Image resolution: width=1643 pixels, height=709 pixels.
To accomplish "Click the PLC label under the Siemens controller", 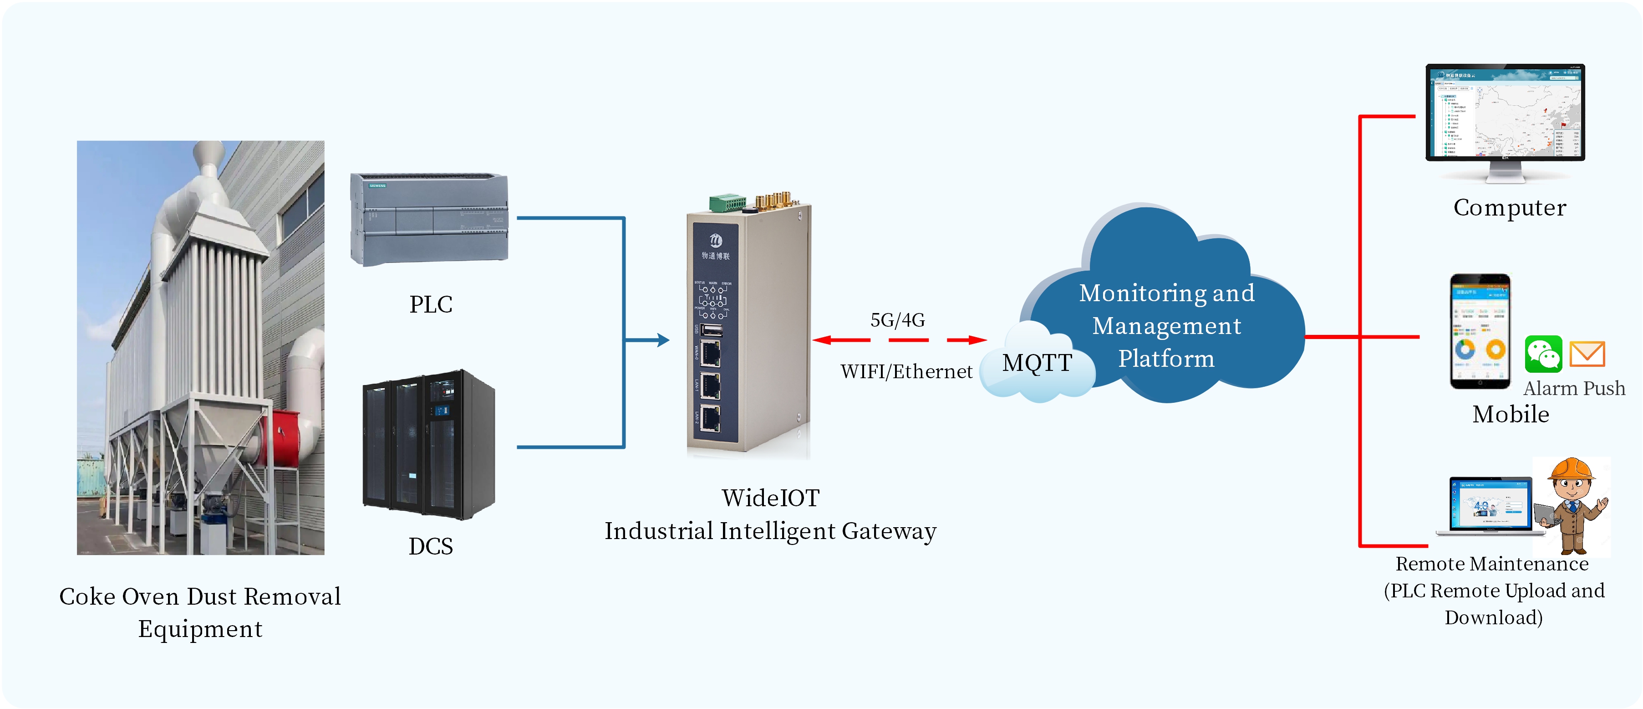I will click(431, 304).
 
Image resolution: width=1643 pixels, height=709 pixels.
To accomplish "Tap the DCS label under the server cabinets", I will click(431, 546).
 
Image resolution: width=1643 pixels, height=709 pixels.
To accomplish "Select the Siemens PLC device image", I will click(429, 219).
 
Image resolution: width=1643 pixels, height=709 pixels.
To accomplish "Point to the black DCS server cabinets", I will click(428, 444).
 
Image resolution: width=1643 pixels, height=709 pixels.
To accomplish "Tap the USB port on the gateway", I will click(711, 330).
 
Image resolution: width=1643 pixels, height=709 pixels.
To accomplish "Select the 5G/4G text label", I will click(897, 320).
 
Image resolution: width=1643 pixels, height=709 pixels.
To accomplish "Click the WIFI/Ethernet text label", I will click(906, 371).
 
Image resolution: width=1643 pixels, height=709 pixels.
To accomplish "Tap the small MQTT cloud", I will click(1037, 364).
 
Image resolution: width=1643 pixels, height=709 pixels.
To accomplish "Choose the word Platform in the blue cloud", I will click(1166, 359).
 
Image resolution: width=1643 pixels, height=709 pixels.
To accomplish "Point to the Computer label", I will click(1509, 207).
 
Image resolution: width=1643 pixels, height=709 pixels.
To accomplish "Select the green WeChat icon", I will click(1543, 354).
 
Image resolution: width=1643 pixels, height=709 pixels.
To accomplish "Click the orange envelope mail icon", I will click(1587, 354).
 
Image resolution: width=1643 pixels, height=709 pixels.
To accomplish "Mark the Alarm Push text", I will click(1574, 388).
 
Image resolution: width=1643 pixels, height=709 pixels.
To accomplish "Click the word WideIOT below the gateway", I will click(770, 498).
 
